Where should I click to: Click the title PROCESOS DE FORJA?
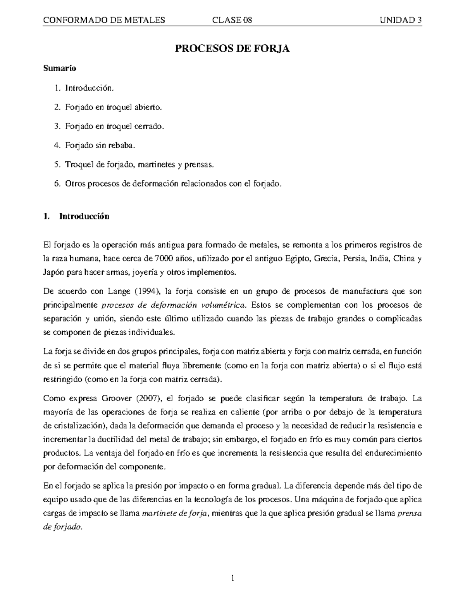[232, 49]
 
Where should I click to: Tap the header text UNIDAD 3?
[401, 20]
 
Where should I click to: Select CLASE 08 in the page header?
[232, 20]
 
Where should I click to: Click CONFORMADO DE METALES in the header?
[104, 20]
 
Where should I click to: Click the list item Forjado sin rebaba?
[100, 146]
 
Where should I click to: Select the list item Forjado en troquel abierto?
[112, 107]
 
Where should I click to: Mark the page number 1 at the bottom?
[232, 579]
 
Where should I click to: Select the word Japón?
[53, 272]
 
